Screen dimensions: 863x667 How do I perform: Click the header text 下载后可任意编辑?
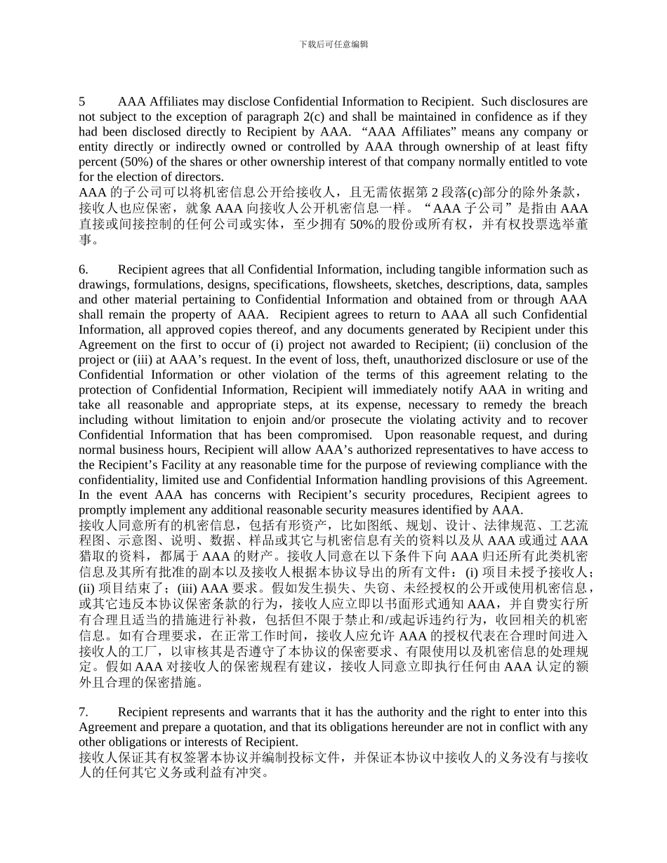(333, 44)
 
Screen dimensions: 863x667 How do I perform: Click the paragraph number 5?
(82, 102)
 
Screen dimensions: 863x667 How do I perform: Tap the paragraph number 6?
(83, 269)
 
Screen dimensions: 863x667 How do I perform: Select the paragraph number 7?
(83, 712)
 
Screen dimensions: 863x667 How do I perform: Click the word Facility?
(173, 465)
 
